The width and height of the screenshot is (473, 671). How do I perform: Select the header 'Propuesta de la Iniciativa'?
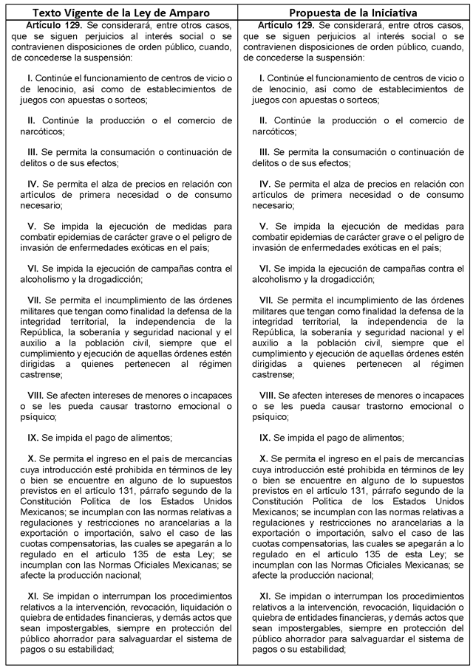pos(355,13)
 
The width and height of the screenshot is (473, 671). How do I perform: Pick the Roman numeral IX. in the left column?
pos(33,437)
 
